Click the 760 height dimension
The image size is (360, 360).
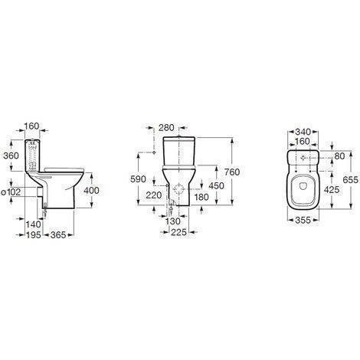232,172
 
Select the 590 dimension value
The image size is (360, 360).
138,179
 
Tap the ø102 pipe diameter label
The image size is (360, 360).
11,192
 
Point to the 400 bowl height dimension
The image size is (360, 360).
91,190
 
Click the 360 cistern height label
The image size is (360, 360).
11,155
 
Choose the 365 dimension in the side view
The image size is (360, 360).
58,235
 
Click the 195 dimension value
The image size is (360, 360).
34,235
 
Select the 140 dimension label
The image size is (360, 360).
34,224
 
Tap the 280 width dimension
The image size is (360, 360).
166,128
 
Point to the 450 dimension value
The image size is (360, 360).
216,185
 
